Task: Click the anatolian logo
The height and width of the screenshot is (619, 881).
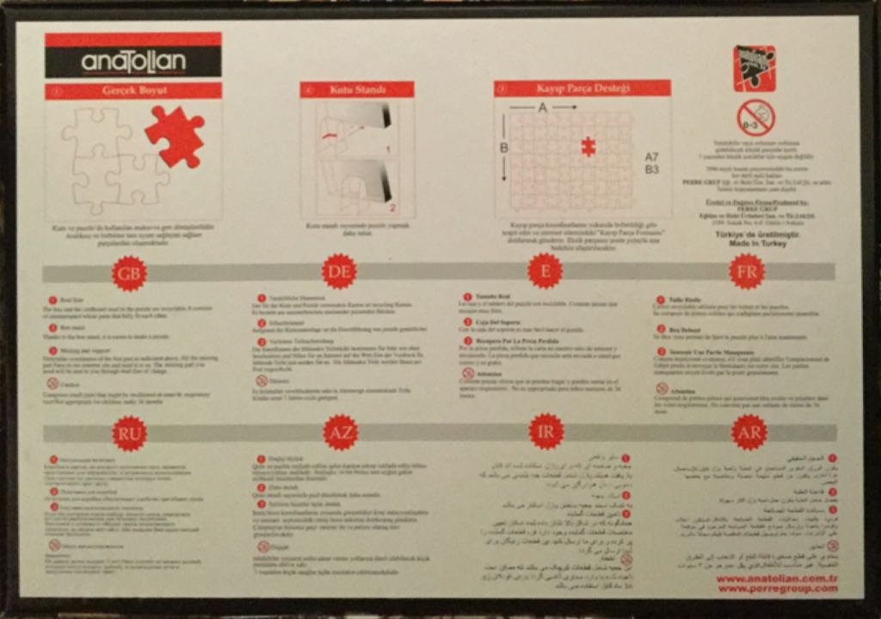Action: click(132, 62)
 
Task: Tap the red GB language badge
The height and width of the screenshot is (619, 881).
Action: click(129, 273)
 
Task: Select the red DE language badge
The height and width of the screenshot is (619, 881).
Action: click(339, 271)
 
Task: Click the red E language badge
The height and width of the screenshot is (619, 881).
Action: click(545, 270)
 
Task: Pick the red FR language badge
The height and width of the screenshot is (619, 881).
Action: click(747, 271)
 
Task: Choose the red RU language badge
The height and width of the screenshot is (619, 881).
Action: click(129, 433)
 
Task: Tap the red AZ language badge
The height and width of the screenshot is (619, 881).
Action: click(341, 432)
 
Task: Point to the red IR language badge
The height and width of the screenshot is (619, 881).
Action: click(546, 431)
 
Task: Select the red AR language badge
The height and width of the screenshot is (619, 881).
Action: click(749, 432)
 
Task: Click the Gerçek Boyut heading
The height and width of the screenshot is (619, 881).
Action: click(134, 90)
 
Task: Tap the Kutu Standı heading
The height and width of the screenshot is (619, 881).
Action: click(357, 90)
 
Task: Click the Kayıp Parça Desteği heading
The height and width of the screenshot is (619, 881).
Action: click(582, 88)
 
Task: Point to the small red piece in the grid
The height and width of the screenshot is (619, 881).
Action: click(588, 146)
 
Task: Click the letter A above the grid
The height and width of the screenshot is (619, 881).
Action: click(543, 108)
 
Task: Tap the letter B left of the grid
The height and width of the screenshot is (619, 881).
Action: click(504, 148)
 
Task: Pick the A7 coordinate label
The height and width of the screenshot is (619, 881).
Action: click(651, 157)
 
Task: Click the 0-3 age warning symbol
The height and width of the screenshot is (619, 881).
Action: click(755, 118)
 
